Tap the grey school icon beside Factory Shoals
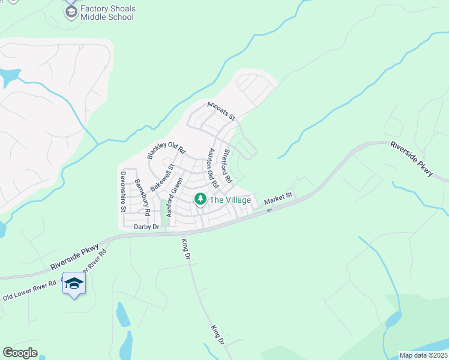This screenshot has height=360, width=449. tap(71, 12)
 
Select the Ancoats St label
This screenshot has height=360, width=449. tap(221, 109)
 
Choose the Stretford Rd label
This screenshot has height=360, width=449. tap(227, 166)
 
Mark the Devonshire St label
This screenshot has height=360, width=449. tap(122, 190)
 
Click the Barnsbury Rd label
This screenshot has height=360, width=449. tap(142, 197)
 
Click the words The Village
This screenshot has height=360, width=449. tap(230, 200)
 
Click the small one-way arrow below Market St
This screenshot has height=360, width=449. tap(269, 209)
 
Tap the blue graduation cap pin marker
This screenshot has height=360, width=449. tap(74, 284)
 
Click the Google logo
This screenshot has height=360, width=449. tap(20, 353)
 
